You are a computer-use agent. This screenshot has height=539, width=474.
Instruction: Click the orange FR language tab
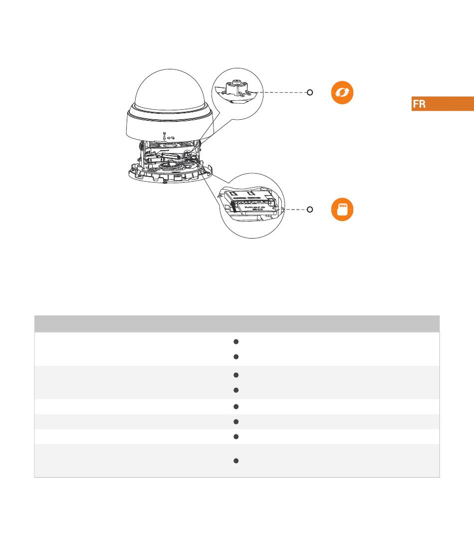click(x=443, y=104)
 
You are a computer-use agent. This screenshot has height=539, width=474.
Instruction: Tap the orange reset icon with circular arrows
click(x=342, y=92)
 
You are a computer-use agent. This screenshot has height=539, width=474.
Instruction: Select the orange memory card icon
click(x=342, y=209)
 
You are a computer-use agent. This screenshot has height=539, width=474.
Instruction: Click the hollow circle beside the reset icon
click(x=310, y=92)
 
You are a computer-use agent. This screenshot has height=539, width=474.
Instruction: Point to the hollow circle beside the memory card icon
click(x=310, y=209)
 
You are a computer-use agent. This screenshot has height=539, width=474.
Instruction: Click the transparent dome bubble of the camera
click(x=170, y=90)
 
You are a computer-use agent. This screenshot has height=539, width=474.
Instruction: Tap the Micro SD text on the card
click(x=255, y=208)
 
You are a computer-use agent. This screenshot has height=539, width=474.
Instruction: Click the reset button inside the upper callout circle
click(x=237, y=88)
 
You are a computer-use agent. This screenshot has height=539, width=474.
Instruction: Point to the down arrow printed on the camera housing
click(x=164, y=136)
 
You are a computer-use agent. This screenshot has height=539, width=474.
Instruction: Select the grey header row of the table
click(x=237, y=324)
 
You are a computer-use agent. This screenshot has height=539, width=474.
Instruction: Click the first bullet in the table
click(x=236, y=342)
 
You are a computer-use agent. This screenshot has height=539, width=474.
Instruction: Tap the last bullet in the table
click(x=236, y=461)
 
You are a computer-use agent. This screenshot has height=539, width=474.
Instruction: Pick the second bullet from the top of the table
click(x=236, y=357)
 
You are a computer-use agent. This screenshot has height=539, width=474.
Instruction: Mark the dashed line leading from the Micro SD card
click(x=295, y=209)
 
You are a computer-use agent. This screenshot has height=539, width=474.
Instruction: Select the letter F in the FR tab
click(x=416, y=104)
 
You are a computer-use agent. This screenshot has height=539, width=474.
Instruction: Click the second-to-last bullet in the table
click(x=236, y=437)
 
